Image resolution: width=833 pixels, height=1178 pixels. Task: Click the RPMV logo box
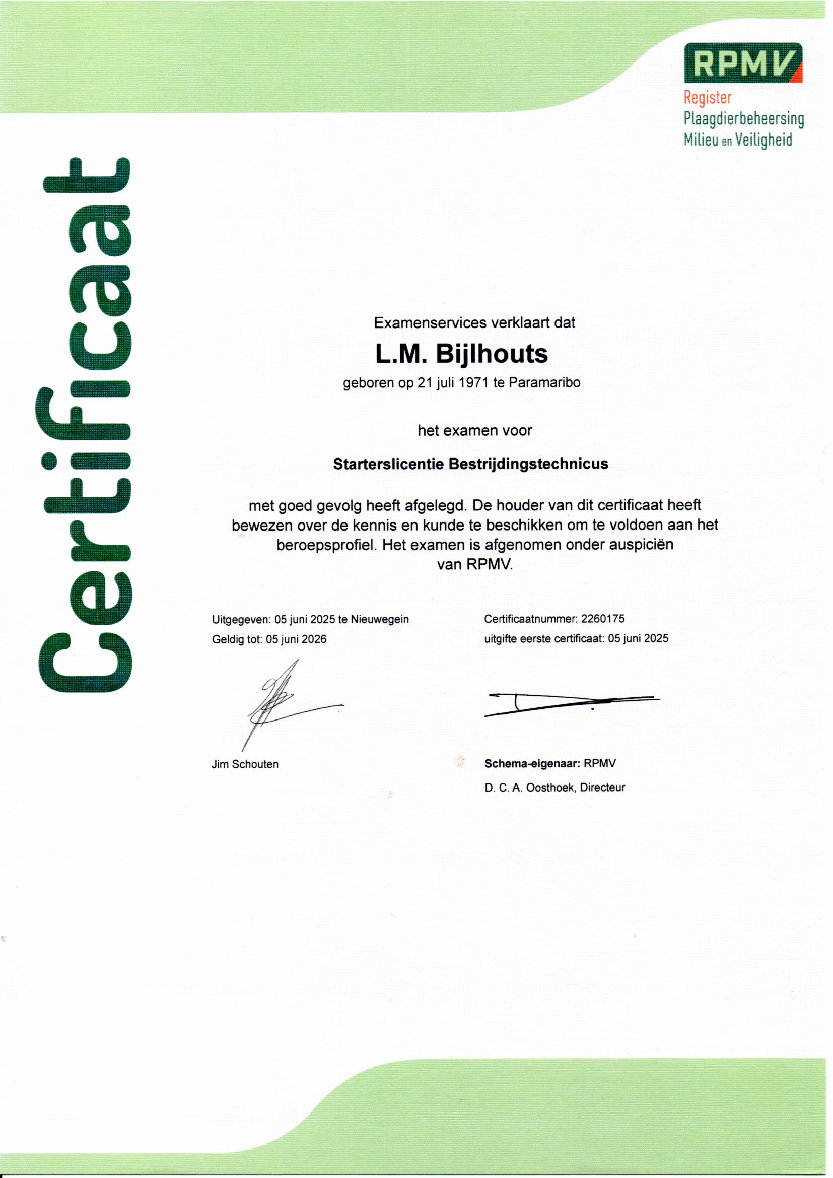click(743, 62)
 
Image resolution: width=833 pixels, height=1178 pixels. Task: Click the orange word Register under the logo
click(707, 97)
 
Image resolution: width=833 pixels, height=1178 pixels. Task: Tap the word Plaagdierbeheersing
click(743, 119)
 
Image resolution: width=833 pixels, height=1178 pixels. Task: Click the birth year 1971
click(473, 383)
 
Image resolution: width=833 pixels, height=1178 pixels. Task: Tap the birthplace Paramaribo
click(545, 383)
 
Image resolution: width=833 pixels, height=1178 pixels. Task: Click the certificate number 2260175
click(603, 619)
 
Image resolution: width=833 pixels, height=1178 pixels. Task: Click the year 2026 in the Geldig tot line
click(313, 639)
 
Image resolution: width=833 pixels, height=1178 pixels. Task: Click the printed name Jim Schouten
click(245, 764)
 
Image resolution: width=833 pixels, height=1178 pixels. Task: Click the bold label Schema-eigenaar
click(532, 763)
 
